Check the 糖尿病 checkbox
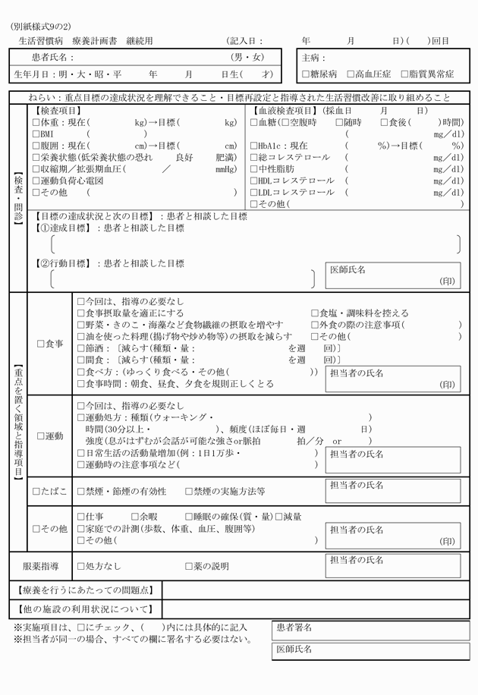pyautogui.click(x=305, y=74)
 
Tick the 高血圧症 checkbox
pyautogui.click(x=350, y=74)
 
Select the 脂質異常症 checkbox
pyautogui.click(x=404, y=74)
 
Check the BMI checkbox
pyautogui.click(x=36, y=134)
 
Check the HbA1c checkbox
pyautogui.click(x=253, y=146)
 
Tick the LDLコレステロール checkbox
pyautogui.click(x=253, y=193)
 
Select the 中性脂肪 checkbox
pyautogui.click(x=253, y=169)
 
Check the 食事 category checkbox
pyautogui.click(x=41, y=344)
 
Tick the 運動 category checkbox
pyautogui.click(x=41, y=436)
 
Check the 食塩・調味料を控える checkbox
pyautogui.click(x=315, y=313)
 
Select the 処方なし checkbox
pyautogui.click(x=81, y=566)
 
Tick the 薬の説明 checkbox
pyautogui.click(x=189, y=566)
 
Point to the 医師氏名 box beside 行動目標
pyautogui.click(x=393, y=275)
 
